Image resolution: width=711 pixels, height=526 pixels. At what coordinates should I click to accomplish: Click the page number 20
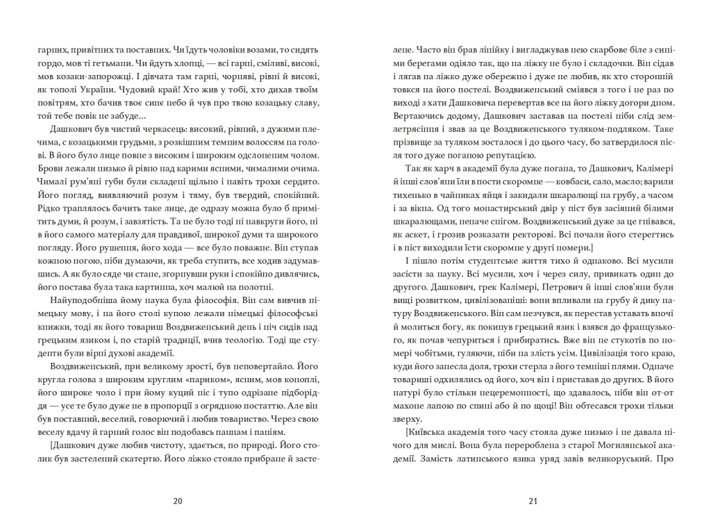pos(177,501)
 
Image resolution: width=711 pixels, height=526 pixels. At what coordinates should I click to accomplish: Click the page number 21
pos(533,501)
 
